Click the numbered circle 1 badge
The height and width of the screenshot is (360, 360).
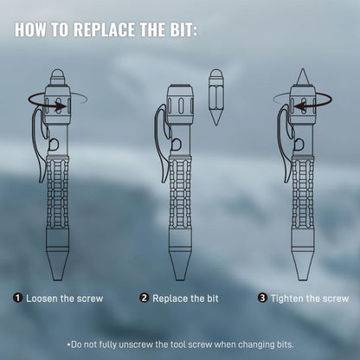[18, 299]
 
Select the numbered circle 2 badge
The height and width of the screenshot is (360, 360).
[144, 299]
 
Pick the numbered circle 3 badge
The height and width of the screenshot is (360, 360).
[262, 299]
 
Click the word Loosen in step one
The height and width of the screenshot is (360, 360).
[44, 299]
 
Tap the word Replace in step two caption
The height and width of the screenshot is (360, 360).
[171, 299]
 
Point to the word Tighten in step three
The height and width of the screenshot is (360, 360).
[291, 299]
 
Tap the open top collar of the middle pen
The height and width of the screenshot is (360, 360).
[179, 89]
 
